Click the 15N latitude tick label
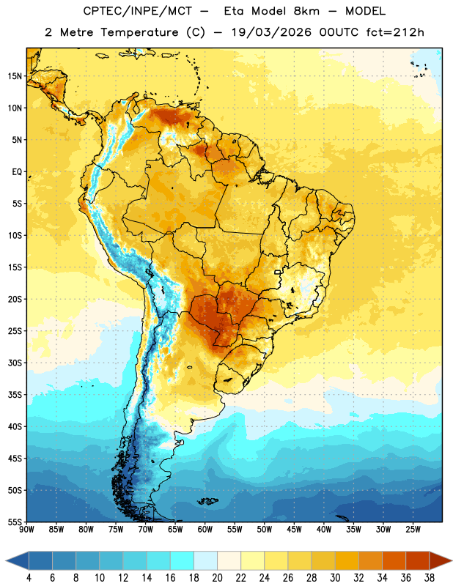tap(15, 76)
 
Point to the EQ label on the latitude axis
tap(17, 172)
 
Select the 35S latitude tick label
tap(15, 395)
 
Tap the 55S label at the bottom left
tap(15, 522)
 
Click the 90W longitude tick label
tap(26, 529)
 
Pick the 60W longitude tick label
tap(205, 529)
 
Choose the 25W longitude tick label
tap(413, 529)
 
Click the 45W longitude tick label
tap(294, 529)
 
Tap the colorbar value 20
tap(217, 577)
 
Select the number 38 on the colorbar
tap(430, 577)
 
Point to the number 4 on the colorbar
tap(29, 577)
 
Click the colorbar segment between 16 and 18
tap(183, 560)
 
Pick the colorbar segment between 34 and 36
tap(394, 560)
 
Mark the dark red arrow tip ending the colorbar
tap(451, 560)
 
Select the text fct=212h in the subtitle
tap(395, 32)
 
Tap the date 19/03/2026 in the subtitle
tap(271, 32)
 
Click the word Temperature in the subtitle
tap(139, 32)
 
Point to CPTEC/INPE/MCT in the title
tap(138, 11)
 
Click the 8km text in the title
tap(306, 11)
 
